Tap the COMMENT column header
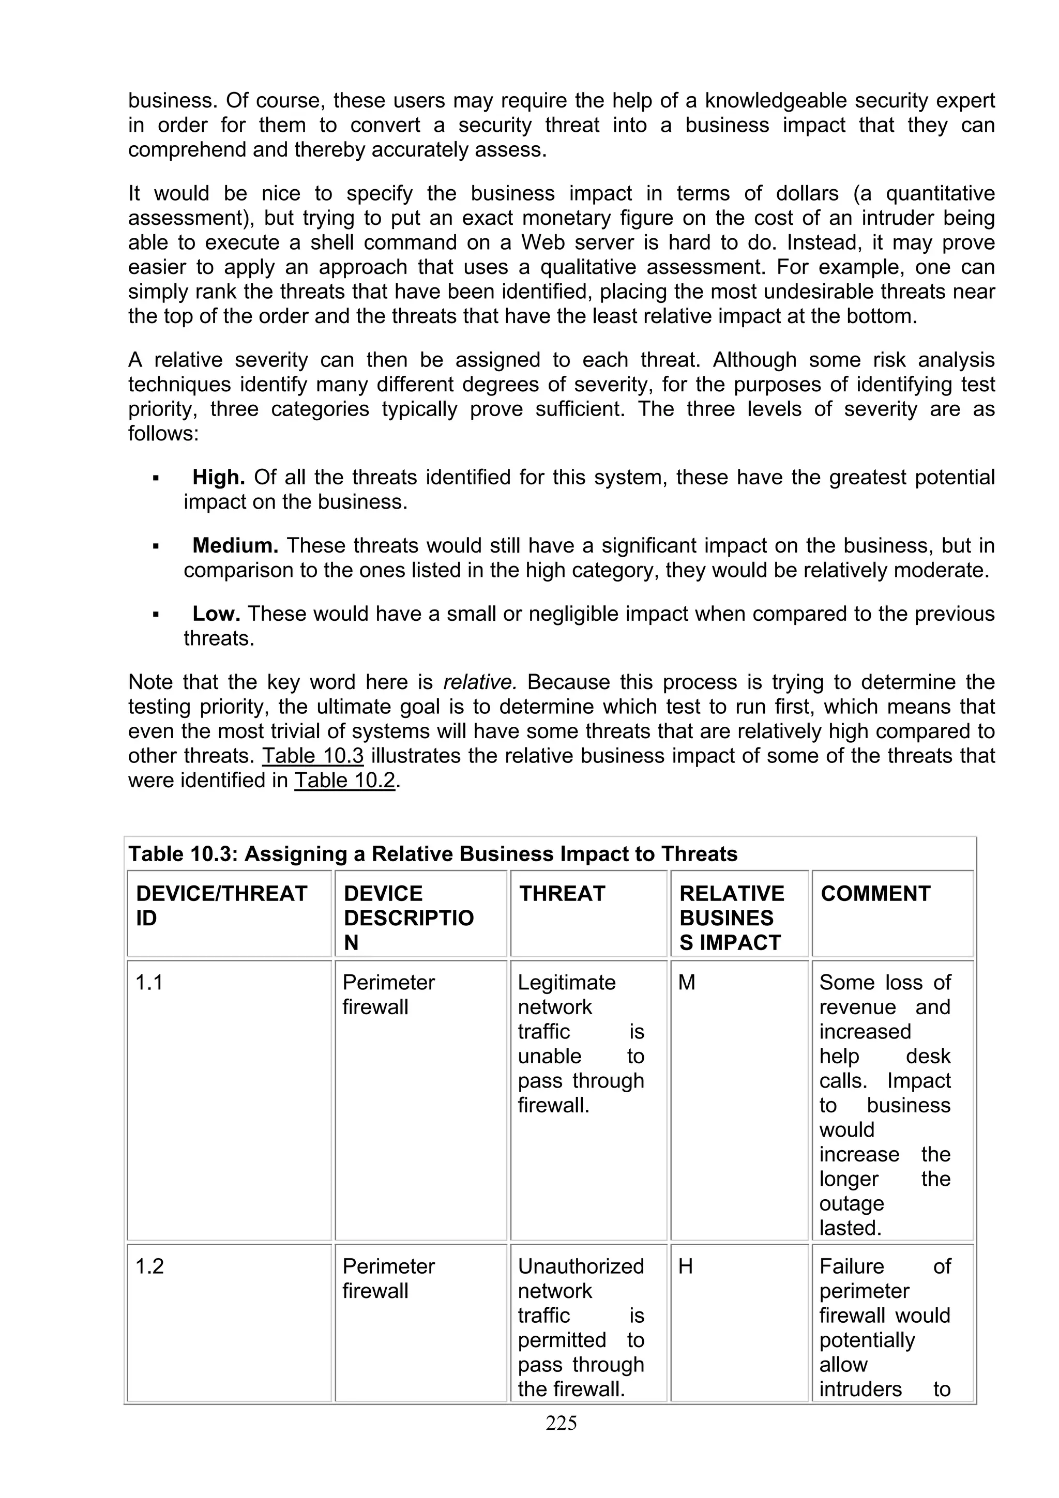[875, 893]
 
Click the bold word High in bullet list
[218, 478]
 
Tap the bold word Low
[216, 614]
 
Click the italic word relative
[479, 682]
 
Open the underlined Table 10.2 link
[344, 781]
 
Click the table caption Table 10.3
[433, 854]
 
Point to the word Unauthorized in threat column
[581, 1266]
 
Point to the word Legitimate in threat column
[566, 983]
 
